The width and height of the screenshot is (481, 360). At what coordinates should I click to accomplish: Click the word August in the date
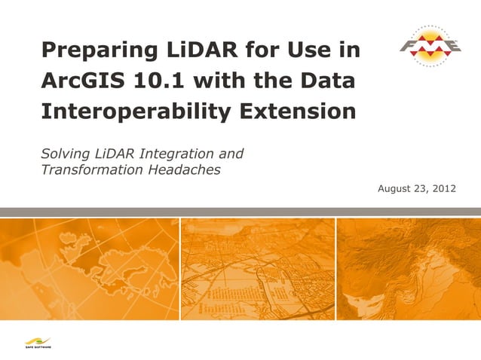click(x=394, y=188)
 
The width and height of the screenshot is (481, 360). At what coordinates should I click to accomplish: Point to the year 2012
click(x=443, y=188)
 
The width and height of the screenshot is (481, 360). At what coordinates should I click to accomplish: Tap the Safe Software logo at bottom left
click(x=35, y=341)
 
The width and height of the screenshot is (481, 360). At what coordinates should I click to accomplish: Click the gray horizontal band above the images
click(x=240, y=212)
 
